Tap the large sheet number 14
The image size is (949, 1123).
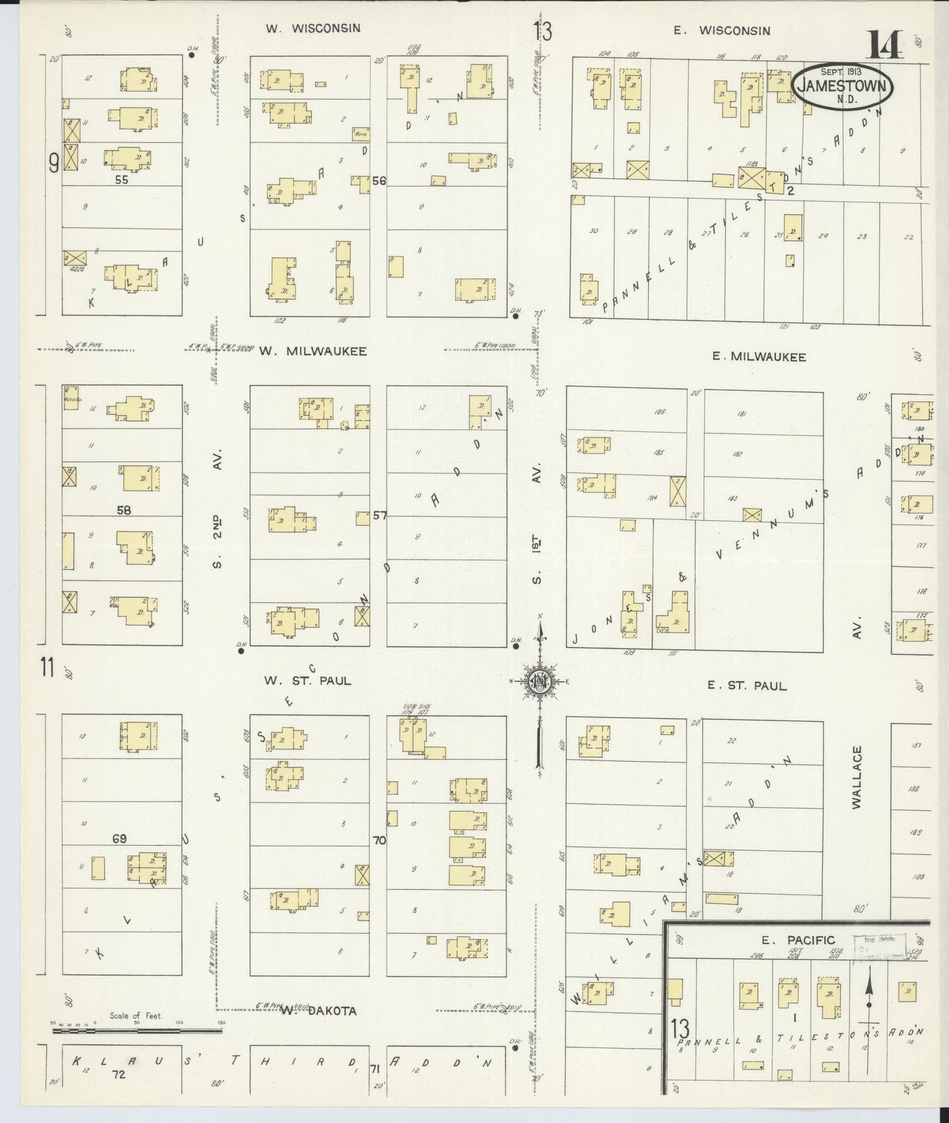pyautogui.click(x=886, y=44)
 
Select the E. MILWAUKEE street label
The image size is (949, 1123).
pyautogui.click(x=759, y=357)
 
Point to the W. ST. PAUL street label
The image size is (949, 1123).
pyautogui.click(x=307, y=680)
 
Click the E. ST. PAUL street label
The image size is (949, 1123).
pyautogui.click(x=747, y=686)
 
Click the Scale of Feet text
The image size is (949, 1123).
pyautogui.click(x=135, y=1015)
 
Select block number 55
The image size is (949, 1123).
pyautogui.click(x=121, y=179)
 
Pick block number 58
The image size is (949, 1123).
pyautogui.click(x=123, y=510)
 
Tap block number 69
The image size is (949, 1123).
pyautogui.click(x=119, y=839)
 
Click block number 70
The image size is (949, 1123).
pyautogui.click(x=379, y=840)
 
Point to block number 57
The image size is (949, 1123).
pyautogui.click(x=380, y=516)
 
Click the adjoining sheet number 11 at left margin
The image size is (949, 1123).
pyautogui.click(x=46, y=668)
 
